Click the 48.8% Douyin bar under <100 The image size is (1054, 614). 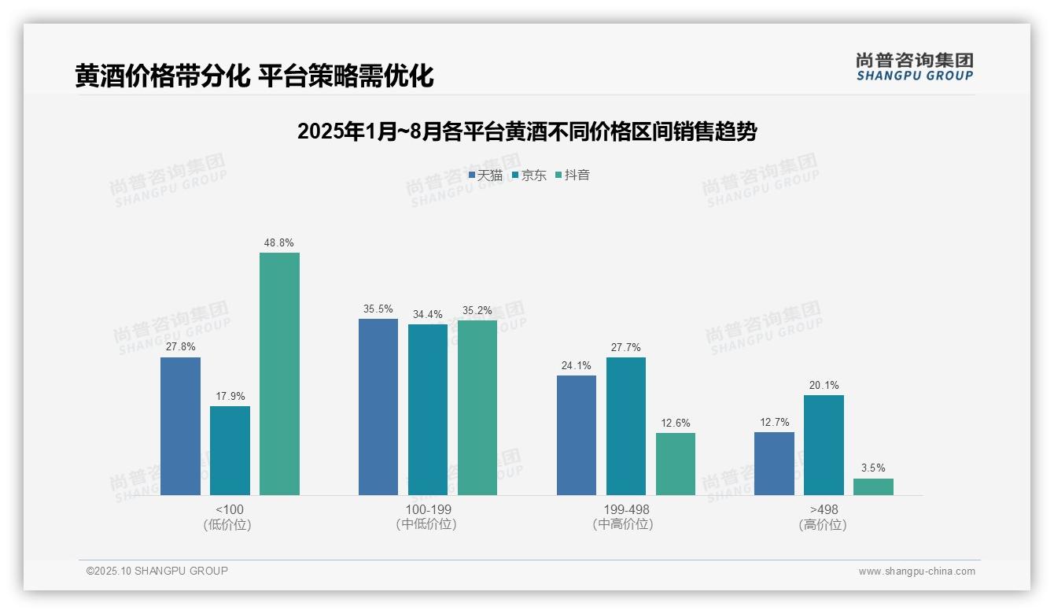tap(279, 374)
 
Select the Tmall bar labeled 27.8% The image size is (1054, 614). tap(180, 426)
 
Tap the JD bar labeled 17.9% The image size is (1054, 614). tap(230, 450)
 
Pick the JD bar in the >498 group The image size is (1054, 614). tap(824, 445)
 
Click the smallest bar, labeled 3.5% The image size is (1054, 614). tap(873, 486)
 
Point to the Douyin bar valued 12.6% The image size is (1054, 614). tap(676, 464)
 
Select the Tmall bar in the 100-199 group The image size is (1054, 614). tap(378, 407)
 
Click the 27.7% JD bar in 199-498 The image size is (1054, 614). tap(626, 426)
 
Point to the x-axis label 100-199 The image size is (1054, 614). tap(428, 509)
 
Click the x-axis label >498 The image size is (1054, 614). tap(824, 509)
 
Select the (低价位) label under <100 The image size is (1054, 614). tap(228, 525)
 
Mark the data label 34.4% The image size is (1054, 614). tap(427, 315)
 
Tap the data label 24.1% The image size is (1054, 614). tap(576, 365)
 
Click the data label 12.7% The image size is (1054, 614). tap(774, 423)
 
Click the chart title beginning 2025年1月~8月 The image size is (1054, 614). tap(526, 131)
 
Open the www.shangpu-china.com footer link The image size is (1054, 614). tap(916, 571)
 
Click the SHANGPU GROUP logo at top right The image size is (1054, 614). tap(914, 67)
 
